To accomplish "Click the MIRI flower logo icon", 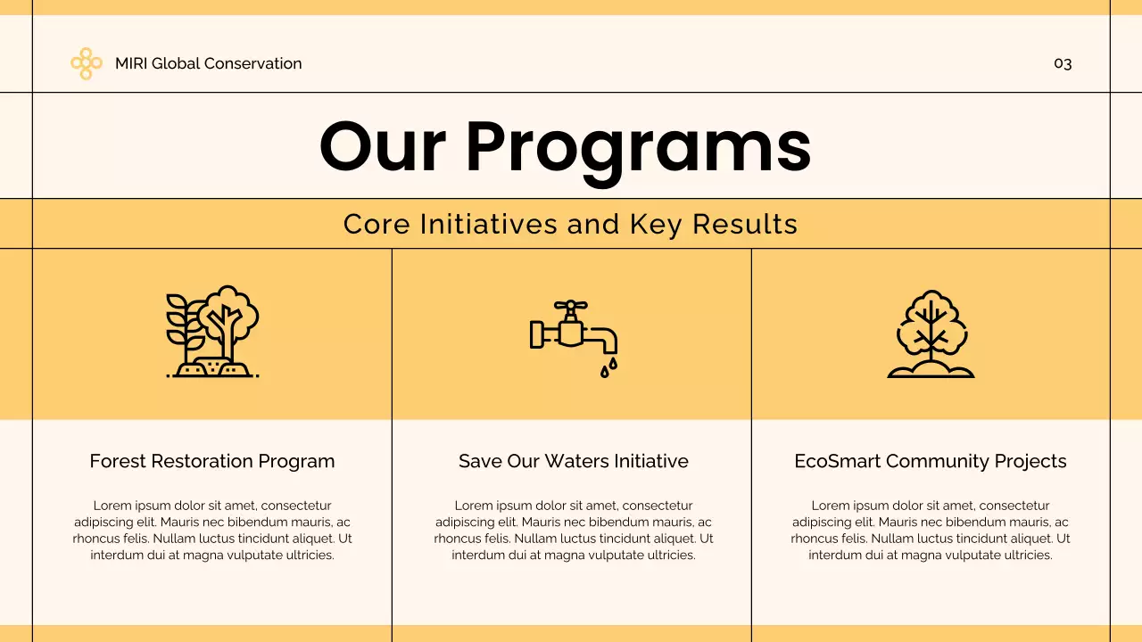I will (x=86, y=63).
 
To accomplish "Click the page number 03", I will (x=1063, y=63).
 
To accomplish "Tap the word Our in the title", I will (x=383, y=147).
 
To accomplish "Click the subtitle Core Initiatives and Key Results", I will (x=570, y=224).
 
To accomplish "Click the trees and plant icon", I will (x=212, y=332).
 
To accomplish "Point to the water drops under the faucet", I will (x=608, y=367).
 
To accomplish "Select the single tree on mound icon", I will (x=931, y=333).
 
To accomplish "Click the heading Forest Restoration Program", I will (x=212, y=461).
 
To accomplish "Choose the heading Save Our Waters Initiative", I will (x=573, y=461).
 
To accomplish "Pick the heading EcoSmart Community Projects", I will (x=931, y=461).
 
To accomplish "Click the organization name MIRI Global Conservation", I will (x=208, y=63).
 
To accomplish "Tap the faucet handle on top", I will (x=570, y=306).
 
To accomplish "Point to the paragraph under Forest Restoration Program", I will (x=212, y=531).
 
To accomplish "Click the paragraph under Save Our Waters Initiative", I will (x=573, y=531).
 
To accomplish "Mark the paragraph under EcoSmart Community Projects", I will (x=931, y=531).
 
